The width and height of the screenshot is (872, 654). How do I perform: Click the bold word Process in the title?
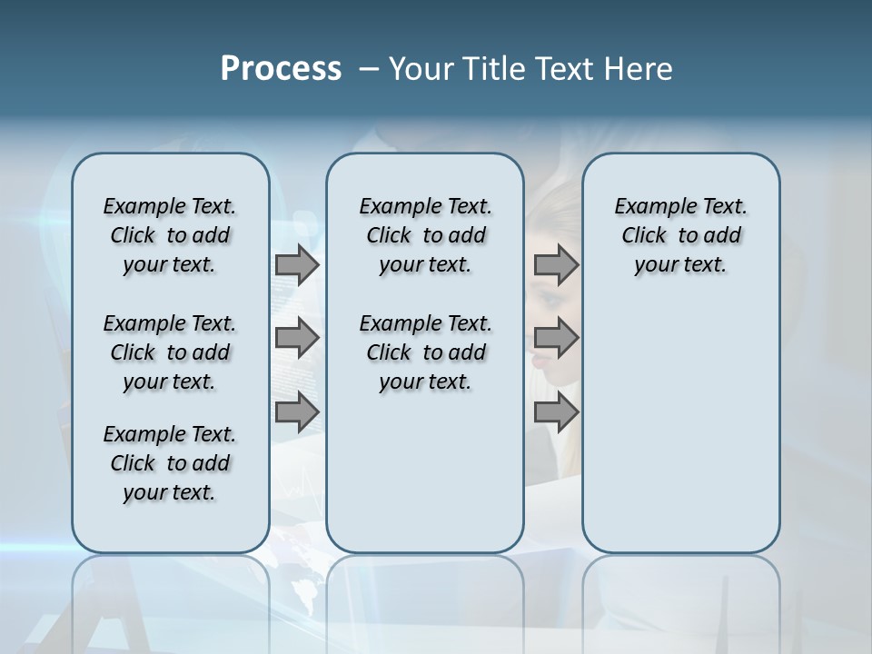coord(281,69)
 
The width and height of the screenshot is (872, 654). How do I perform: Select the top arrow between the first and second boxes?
coord(297,265)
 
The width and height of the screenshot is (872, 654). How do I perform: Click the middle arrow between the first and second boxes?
coord(297,339)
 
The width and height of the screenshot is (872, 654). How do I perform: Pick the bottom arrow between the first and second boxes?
coord(297,412)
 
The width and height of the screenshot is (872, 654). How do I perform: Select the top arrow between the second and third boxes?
coord(556,265)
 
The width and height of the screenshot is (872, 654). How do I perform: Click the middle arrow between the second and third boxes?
coord(556,339)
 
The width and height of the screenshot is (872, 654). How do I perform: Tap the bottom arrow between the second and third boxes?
coord(556,412)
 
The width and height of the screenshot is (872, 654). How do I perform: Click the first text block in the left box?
coord(170,235)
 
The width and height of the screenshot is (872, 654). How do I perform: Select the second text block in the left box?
coord(170,352)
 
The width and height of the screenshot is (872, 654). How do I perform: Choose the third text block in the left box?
coord(170,463)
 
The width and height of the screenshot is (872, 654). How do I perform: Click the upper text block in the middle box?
coord(425,235)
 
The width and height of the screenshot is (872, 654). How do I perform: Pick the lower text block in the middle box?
coord(425,352)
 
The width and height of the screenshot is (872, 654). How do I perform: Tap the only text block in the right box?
coord(681,235)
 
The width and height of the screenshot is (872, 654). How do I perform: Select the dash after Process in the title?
coord(366,69)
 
